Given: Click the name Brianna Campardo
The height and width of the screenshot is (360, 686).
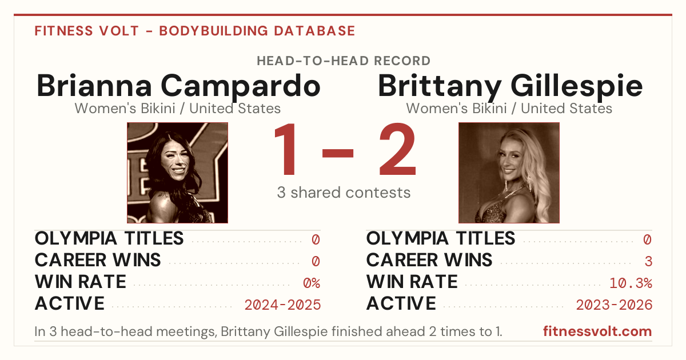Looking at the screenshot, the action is (x=178, y=86).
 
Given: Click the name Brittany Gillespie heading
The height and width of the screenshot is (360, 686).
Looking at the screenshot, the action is (x=510, y=86).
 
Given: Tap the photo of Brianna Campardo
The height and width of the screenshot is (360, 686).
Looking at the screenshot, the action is (x=177, y=173).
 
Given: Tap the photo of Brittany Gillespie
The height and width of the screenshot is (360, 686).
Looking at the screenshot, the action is (x=509, y=173).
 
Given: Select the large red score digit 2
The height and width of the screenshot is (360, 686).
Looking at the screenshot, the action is (x=397, y=149).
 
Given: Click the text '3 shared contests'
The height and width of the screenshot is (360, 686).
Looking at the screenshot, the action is (x=344, y=193).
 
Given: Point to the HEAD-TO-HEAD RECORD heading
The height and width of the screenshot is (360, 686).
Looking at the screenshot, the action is (x=344, y=61).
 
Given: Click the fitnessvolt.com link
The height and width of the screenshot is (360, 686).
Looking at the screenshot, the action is (x=597, y=331).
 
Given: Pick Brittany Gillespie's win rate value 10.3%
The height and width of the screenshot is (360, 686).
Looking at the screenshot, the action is (x=631, y=283).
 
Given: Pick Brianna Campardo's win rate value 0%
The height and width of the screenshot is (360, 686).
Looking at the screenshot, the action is (x=312, y=283).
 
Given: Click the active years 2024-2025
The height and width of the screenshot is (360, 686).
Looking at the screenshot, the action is (x=282, y=305).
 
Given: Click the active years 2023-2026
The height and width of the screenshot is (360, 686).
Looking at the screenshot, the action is (x=614, y=305).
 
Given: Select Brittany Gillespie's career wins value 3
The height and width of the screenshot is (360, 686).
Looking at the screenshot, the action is (x=648, y=261).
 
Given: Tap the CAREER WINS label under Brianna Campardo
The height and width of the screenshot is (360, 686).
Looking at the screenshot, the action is (x=98, y=260).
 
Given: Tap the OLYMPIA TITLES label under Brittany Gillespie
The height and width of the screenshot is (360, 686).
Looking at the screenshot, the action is (x=441, y=238).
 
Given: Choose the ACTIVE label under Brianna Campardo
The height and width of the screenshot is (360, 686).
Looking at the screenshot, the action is (x=70, y=303).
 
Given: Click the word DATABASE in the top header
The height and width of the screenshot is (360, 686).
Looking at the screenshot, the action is (x=314, y=31).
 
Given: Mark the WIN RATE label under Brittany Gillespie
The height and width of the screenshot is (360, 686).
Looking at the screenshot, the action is (x=412, y=282).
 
